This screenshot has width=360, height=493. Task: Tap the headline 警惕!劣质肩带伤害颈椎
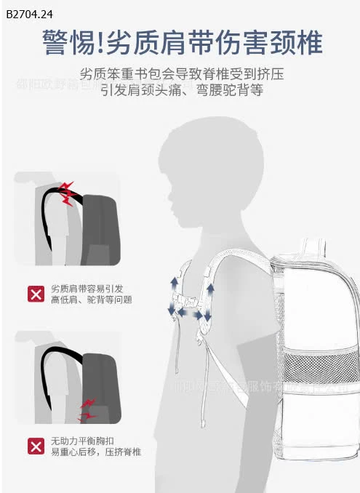tap(182, 43)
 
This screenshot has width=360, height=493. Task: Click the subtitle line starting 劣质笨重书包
tap(182, 75)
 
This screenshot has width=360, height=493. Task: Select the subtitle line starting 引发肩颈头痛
tap(182, 91)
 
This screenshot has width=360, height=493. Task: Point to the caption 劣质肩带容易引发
tap(87, 289)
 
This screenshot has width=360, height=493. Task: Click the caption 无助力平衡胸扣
tap(87, 441)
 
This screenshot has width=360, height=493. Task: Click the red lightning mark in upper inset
tap(67, 193)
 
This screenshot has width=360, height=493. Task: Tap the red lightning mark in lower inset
tap(87, 409)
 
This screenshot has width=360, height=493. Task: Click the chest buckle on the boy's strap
tap(191, 300)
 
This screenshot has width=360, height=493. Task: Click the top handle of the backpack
tap(313, 245)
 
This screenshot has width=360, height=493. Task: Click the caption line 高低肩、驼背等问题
tap(91, 300)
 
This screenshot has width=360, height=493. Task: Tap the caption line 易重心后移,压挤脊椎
tap(95, 452)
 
